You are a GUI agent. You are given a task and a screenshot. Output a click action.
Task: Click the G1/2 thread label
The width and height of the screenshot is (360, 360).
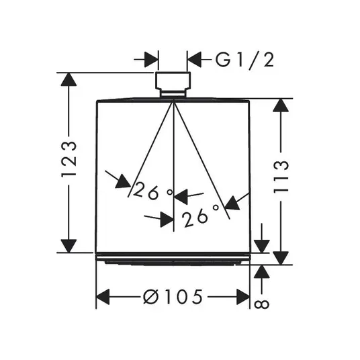tap(244, 60)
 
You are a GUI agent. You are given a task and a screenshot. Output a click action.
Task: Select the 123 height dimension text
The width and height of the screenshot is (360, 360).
tap(69, 159)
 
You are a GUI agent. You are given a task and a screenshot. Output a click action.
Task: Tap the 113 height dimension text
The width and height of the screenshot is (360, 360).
tap(281, 177)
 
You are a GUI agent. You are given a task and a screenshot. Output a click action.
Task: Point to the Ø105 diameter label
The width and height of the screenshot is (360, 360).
tap(173, 297)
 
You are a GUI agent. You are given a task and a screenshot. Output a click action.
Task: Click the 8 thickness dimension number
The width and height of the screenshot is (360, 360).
tap(262, 305)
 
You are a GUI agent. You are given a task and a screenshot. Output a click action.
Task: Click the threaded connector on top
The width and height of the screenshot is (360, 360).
tap(173, 85)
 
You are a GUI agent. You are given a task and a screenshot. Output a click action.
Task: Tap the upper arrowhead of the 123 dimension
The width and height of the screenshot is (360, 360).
tap(69, 79)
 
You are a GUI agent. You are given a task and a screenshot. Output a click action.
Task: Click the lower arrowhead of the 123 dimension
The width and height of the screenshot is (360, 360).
tap(69, 246)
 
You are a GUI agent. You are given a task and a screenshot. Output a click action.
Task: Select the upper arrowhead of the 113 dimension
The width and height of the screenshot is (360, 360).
tap(281, 105)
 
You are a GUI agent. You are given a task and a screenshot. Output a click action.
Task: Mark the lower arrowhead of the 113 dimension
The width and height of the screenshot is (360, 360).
tap(281, 258)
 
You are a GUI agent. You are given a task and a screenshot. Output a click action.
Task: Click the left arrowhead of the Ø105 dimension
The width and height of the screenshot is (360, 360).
tap(103, 297)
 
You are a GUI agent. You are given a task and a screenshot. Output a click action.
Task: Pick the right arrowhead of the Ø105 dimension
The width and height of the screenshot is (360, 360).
tap(243, 297)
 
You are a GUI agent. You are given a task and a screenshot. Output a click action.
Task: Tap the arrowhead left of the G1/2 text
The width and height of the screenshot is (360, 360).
tap(194, 60)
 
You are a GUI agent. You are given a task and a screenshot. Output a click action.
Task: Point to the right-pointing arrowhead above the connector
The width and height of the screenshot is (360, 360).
tap(151, 60)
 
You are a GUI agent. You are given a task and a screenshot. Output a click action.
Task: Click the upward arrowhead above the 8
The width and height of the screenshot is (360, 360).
tap(262, 272)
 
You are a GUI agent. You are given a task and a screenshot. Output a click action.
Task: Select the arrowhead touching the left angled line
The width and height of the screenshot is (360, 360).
tap(124, 182)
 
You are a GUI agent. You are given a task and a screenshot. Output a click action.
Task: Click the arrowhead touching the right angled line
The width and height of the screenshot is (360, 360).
tap(232, 203)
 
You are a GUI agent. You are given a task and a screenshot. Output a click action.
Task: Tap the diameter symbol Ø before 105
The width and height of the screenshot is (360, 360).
tap(151, 297)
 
